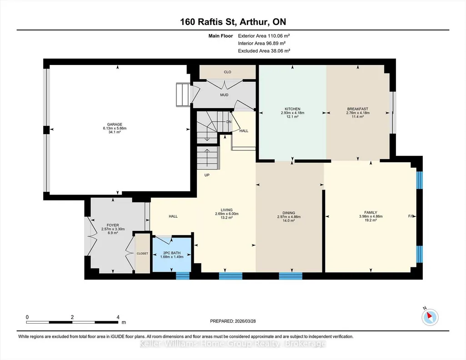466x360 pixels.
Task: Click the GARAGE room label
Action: click(x=115, y=125)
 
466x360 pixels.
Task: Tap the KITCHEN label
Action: click(x=292, y=109)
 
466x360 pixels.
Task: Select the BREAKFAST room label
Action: click(x=357, y=109)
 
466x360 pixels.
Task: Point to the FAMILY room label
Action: click(x=371, y=212)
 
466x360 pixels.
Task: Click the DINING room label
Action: click(x=289, y=213)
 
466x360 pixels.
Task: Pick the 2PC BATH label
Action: click(x=172, y=253)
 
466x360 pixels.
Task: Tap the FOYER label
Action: click(x=113, y=225)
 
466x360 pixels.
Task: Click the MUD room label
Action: click(x=224, y=95)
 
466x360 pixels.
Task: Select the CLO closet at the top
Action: click(x=227, y=72)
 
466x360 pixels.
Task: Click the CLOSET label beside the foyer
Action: click(x=142, y=253)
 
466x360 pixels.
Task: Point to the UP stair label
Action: click(x=207, y=175)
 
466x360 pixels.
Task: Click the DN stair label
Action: click(x=229, y=122)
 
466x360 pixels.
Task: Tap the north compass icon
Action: click(x=430, y=317)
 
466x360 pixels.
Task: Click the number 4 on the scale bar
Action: click(x=118, y=317)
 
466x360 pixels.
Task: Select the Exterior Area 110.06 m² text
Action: click(x=264, y=35)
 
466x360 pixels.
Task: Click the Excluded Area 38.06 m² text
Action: click(x=264, y=51)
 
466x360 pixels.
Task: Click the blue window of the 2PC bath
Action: click(x=182, y=275)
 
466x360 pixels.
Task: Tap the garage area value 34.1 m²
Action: click(x=115, y=132)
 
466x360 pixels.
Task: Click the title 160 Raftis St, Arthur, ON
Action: click(x=233, y=22)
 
